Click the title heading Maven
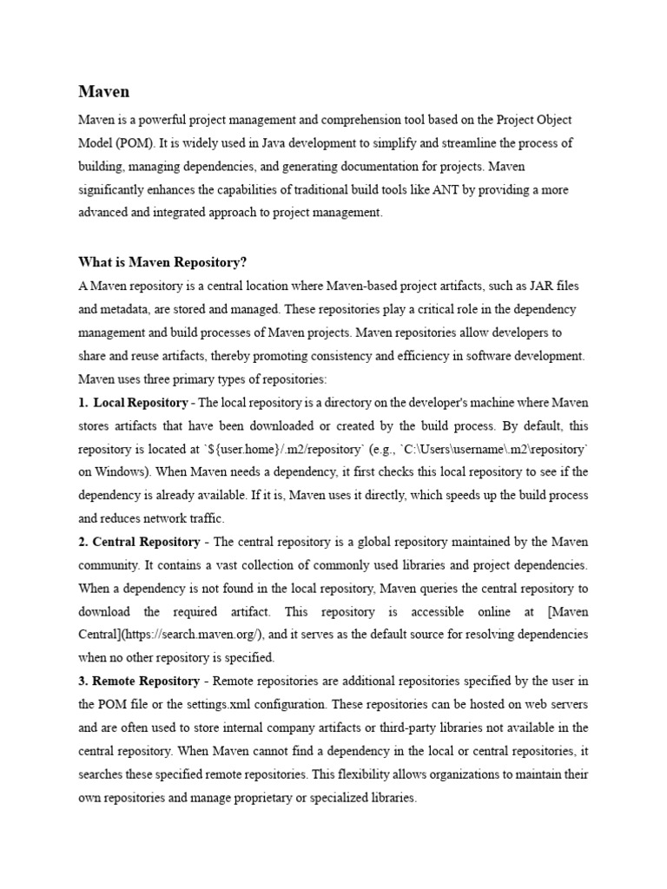coord(104,91)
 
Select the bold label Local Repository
coord(140,403)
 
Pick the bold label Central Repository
coord(145,542)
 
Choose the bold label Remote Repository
coord(145,681)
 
